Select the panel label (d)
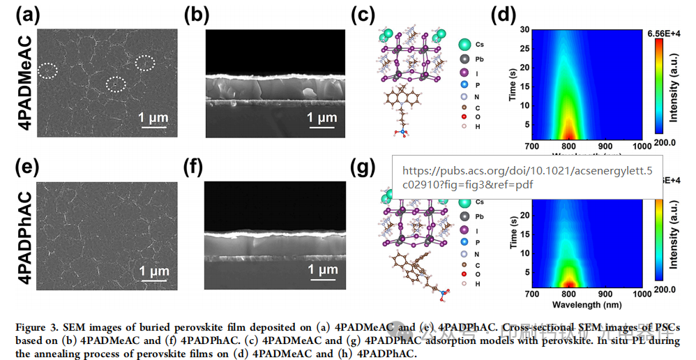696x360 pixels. point(504,15)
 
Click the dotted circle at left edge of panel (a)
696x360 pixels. point(48,70)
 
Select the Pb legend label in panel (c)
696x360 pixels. point(479,59)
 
